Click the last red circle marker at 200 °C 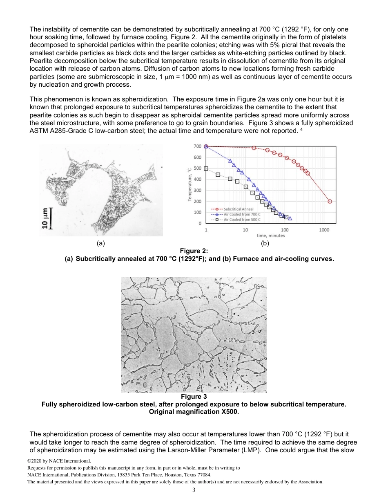330,201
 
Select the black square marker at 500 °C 206,168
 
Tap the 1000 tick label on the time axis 324,230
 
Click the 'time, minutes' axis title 271,236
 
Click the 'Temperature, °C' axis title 190,185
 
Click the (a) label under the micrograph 101,243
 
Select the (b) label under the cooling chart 265,243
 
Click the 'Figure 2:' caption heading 194,251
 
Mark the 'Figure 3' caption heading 194,397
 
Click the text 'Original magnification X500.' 194,412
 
